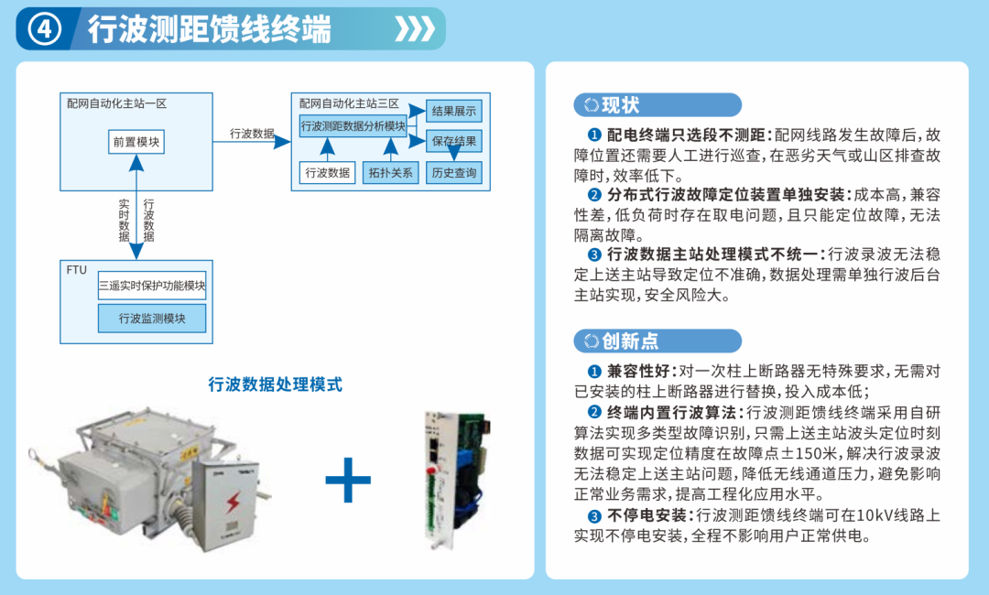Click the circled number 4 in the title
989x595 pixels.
[44, 29]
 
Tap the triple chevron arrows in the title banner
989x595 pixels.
[415, 29]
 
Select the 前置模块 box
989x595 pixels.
[136, 142]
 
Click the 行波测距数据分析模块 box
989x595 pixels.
[353, 126]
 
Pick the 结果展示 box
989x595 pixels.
[454, 111]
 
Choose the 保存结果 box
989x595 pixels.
[454, 141]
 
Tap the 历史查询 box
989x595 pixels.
[454, 173]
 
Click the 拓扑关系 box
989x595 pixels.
[390, 173]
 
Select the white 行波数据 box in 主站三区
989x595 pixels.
[327, 173]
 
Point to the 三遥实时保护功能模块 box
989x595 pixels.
[152, 286]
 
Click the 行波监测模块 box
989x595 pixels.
[152, 319]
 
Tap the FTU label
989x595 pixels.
[76, 270]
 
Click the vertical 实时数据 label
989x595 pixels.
[125, 221]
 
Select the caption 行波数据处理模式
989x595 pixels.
[275, 384]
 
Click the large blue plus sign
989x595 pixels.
[348, 480]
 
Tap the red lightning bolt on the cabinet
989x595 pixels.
[234, 503]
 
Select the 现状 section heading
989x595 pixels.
[621, 104]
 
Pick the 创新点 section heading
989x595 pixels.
[630, 341]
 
